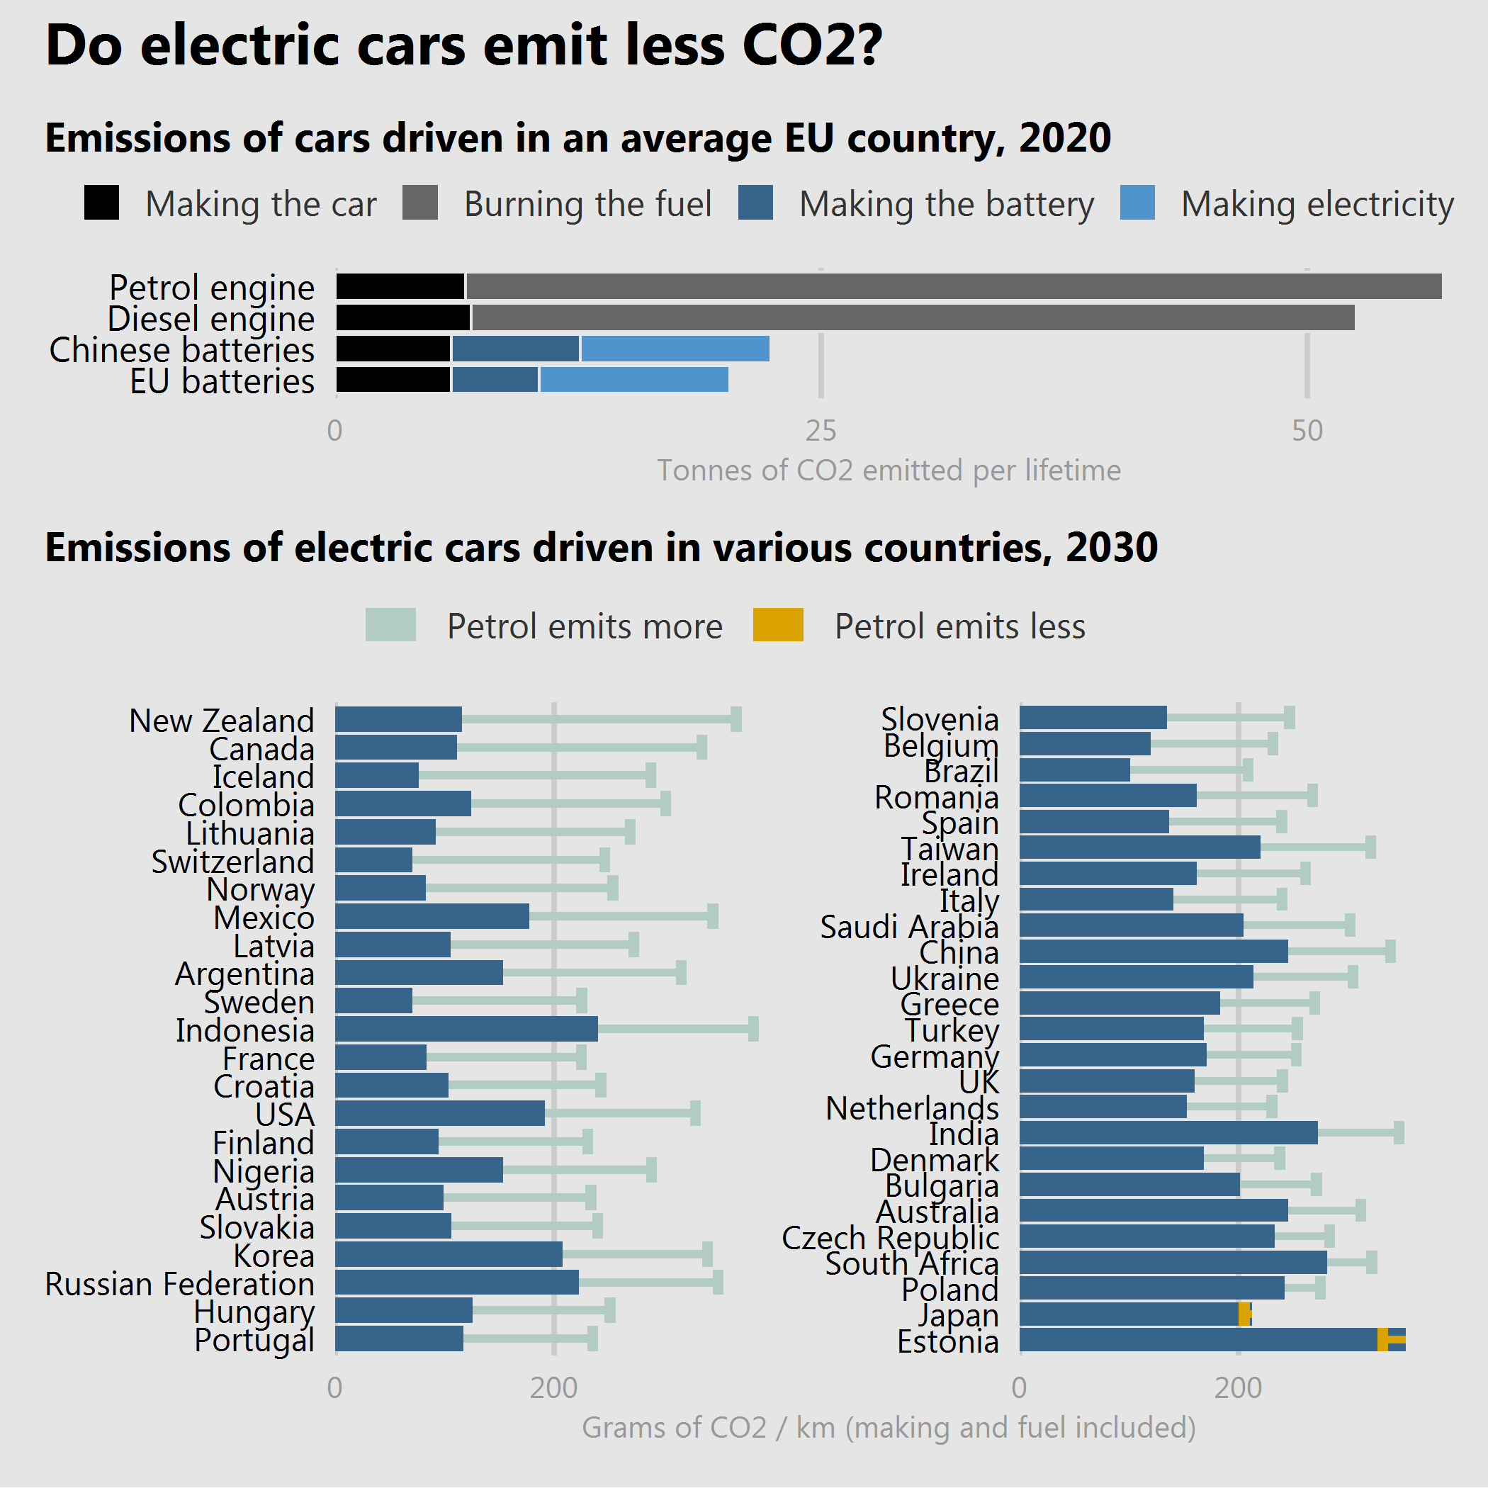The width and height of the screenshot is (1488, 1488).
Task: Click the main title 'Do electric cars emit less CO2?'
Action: coord(463,45)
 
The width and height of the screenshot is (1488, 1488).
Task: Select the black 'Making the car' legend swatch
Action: coord(101,203)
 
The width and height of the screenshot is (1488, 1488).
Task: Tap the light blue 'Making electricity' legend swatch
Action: coord(1137,203)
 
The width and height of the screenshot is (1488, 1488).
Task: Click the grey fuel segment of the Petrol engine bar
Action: coord(953,286)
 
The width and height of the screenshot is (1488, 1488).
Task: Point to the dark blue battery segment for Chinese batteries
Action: coord(515,349)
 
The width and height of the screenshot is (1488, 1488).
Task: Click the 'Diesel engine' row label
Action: coord(211,318)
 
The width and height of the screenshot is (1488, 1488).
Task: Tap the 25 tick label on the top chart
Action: coord(821,431)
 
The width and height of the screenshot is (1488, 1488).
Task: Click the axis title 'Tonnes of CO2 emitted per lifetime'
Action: coord(888,470)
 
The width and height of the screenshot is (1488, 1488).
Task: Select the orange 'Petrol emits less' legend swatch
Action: coord(778,625)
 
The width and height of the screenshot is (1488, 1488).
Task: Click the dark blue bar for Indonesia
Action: coord(466,1029)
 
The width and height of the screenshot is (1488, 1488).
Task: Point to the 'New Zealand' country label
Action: coord(222,721)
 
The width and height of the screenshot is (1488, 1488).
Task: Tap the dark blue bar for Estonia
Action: coord(1197,1340)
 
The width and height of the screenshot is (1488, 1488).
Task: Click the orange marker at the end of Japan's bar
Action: coord(1244,1314)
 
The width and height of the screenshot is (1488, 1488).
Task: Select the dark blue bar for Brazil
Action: coord(1074,770)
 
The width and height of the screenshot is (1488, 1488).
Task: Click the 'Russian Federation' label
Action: coord(179,1284)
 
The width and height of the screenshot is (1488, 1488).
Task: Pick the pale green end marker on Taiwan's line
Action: coord(1370,847)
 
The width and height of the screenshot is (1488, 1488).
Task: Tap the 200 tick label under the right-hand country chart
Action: coord(1238,1388)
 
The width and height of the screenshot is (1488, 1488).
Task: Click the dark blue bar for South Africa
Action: coord(1172,1263)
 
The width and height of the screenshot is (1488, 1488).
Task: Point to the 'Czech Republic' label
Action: coord(891,1238)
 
